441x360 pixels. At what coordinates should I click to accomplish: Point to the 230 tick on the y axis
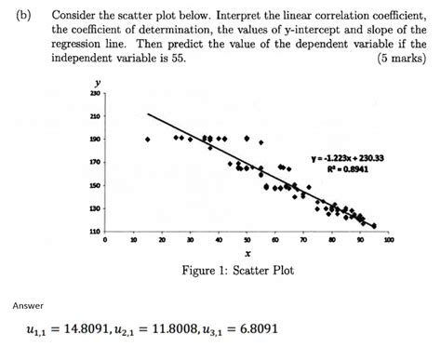point(94,95)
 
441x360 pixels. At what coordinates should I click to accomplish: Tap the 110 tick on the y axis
point(94,230)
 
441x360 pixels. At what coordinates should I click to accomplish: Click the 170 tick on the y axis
point(94,162)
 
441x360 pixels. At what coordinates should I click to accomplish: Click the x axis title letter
point(247,252)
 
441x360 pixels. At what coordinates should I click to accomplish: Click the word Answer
point(27,306)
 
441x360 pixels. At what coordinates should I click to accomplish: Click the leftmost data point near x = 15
point(148,140)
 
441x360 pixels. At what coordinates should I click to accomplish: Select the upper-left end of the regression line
point(148,114)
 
